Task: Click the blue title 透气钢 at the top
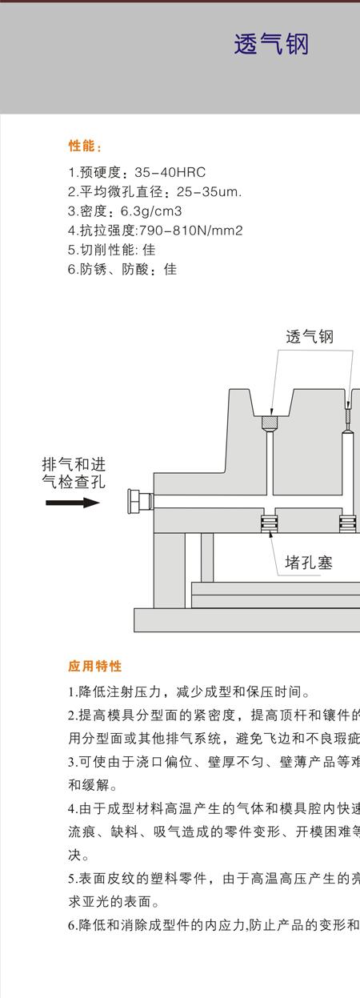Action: (x=271, y=45)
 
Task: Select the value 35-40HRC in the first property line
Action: (x=170, y=172)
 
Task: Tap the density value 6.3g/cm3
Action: (x=151, y=210)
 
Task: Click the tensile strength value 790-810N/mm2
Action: (x=191, y=230)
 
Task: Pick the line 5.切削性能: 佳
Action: (x=111, y=250)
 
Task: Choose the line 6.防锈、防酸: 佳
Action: (x=122, y=269)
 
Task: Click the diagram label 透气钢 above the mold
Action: (x=310, y=336)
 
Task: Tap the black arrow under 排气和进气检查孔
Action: (x=73, y=503)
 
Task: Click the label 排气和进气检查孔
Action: (x=74, y=473)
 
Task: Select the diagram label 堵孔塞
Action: (x=309, y=563)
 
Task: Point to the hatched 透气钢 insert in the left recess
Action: (x=270, y=422)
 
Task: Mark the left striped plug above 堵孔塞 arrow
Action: (x=269, y=523)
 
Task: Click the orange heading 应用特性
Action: (x=95, y=666)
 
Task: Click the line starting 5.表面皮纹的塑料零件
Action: (x=214, y=878)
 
